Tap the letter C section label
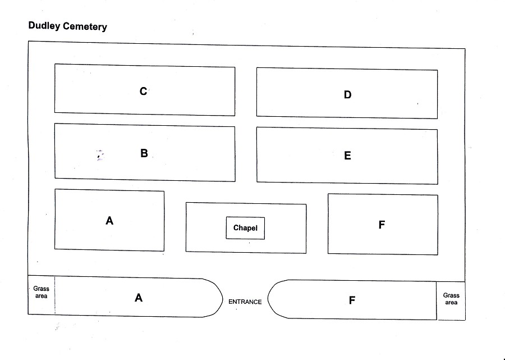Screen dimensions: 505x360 (x=143, y=91)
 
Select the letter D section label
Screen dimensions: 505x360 (x=347, y=94)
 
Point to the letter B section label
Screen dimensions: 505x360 (x=144, y=153)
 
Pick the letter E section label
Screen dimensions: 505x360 (x=347, y=156)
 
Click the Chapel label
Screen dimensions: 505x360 (x=245, y=228)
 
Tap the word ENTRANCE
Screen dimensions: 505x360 (x=245, y=302)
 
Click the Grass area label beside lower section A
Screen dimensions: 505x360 (x=41, y=292)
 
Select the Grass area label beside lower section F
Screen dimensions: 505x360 (x=451, y=299)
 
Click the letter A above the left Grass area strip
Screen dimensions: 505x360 (x=109, y=221)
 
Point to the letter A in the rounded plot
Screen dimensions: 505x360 (x=139, y=298)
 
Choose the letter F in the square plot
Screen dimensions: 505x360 (x=382, y=225)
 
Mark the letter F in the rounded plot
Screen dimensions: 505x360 (x=352, y=300)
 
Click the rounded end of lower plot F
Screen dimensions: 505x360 (x=268, y=299)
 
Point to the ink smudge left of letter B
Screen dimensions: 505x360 (x=100, y=156)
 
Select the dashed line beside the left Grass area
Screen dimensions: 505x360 (x=55, y=295)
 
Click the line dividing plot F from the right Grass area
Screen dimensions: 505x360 (x=437, y=300)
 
